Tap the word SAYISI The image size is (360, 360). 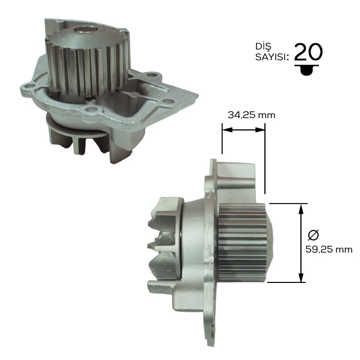click(272, 56)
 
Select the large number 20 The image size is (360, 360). click(308, 52)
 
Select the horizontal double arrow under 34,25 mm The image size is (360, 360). click(244, 130)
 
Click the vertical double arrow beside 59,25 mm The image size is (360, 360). click(301, 242)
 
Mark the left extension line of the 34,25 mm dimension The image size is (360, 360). click(223, 141)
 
